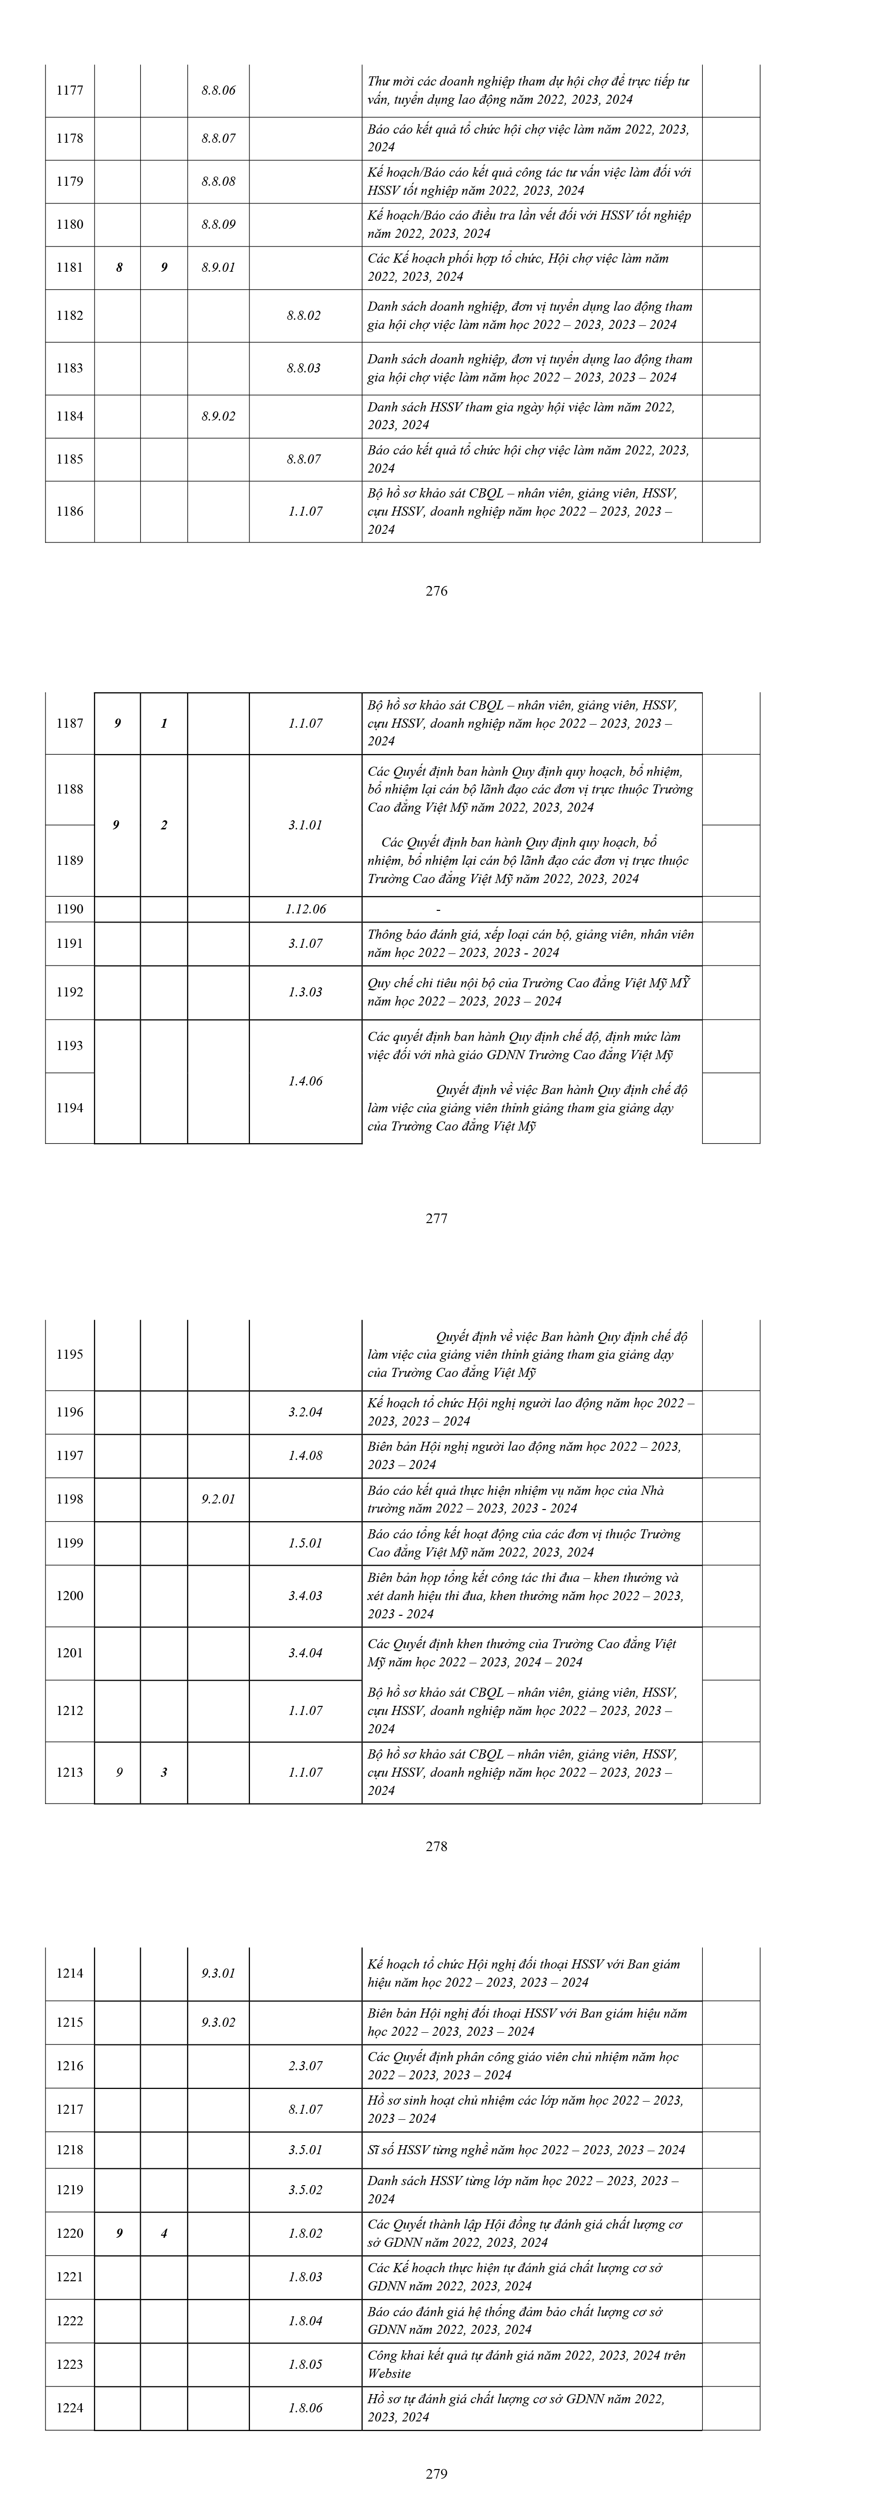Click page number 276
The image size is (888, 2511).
point(437,591)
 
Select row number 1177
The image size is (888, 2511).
point(70,91)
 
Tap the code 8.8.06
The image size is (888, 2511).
point(219,91)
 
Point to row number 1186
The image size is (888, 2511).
point(70,512)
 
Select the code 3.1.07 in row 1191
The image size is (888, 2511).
point(305,944)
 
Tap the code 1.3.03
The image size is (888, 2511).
point(305,992)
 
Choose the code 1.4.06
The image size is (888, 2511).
point(305,1081)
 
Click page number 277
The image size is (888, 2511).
point(437,1219)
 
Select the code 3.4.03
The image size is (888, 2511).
point(305,1596)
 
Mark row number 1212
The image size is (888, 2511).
point(70,1711)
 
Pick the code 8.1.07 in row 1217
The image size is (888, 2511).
point(305,2109)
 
